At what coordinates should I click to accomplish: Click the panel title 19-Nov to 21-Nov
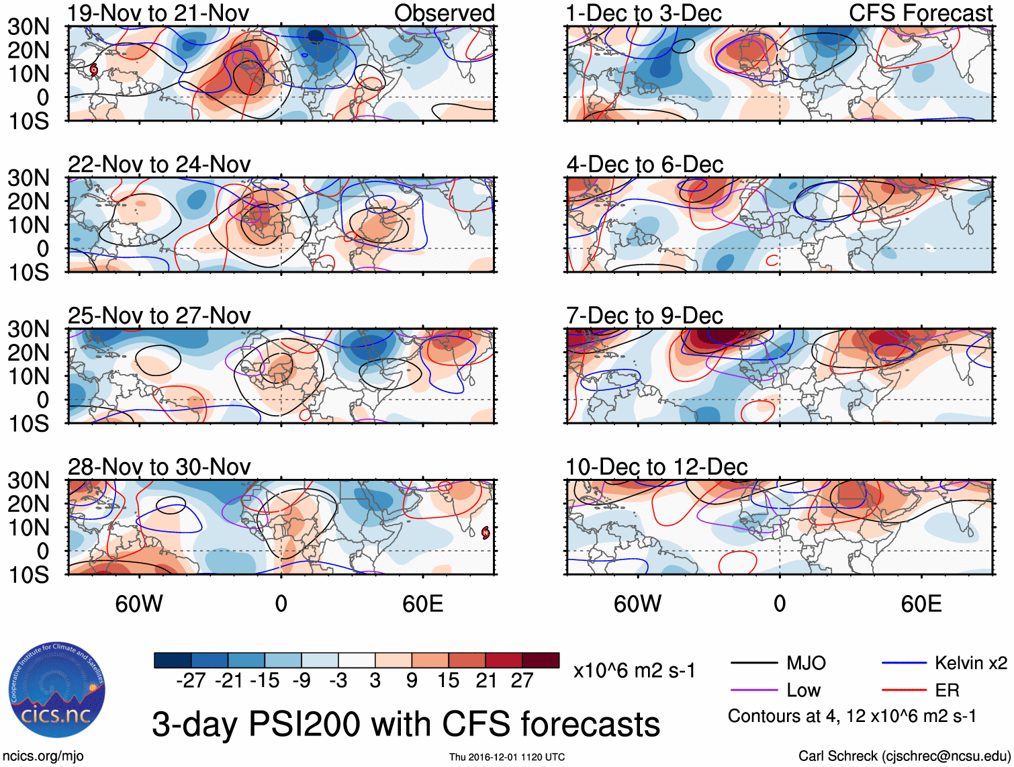[x=158, y=13]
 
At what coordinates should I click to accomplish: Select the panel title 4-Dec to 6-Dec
[x=645, y=165]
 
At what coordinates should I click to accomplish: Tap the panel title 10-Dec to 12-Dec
[x=656, y=467]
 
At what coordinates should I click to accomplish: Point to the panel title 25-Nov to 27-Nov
[x=159, y=316]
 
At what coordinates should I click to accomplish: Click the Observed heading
[x=444, y=13]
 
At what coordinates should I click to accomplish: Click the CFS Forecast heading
[x=920, y=13]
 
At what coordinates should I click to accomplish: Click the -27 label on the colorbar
[x=191, y=681]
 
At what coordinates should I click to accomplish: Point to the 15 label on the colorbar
[x=449, y=681]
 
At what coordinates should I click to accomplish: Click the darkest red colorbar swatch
[x=541, y=660]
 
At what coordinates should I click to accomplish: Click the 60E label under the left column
[x=423, y=604]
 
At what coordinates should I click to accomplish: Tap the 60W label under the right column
[x=637, y=604]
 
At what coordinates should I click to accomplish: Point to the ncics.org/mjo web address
[x=42, y=756]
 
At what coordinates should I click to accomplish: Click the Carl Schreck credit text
[x=904, y=756]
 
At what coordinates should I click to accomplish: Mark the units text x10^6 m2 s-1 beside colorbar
[x=634, y=670]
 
